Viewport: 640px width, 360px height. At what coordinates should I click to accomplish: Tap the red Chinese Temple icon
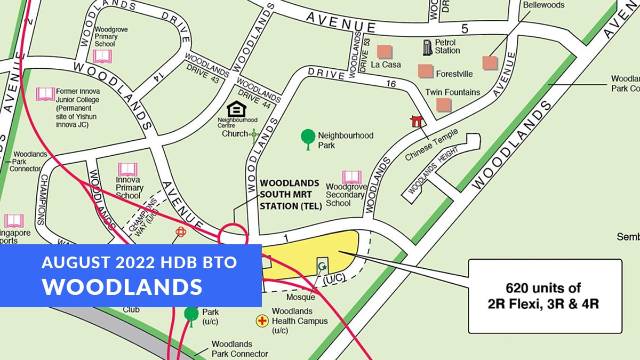(416, 121)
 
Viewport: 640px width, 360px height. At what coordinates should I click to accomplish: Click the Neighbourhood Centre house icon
(235, 109)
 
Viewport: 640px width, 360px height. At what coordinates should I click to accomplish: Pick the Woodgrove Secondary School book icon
(351, 177)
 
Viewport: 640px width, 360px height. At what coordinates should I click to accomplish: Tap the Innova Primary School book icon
(127, 170)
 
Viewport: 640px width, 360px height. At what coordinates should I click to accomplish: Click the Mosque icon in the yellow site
(322, 265)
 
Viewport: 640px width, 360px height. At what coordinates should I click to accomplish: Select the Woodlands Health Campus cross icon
(262, 321)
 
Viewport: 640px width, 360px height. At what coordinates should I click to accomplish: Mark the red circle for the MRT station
(233, 235)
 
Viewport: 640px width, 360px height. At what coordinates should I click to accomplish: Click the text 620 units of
(545, 289)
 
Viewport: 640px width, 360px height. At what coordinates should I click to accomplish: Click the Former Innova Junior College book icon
(45, 94)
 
